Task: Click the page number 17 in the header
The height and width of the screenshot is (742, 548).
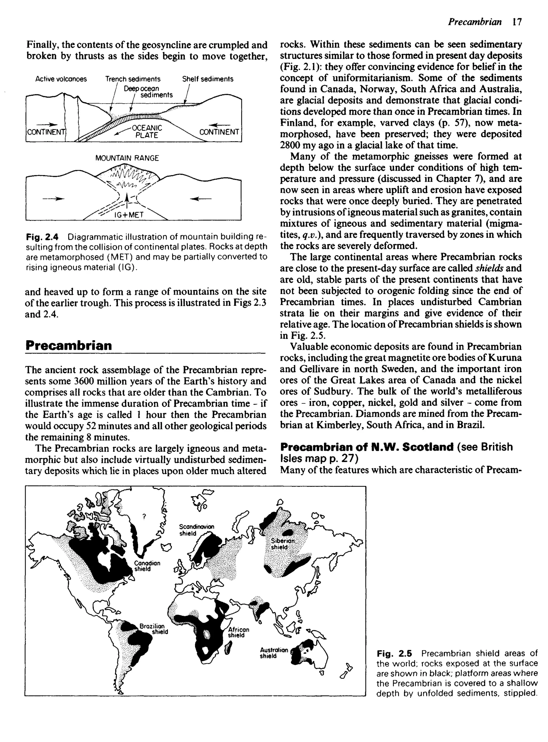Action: click(x=517, y=22)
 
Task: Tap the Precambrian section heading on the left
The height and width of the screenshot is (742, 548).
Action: click(x=69, y=346)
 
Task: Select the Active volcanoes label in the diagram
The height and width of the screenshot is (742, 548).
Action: click(x=61, y=79)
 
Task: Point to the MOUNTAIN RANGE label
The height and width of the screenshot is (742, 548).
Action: click(x=127, y=158)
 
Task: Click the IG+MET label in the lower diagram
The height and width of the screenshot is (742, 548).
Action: click(x=129, y=215)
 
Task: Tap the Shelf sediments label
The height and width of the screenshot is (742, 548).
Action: click(x=208, y=79)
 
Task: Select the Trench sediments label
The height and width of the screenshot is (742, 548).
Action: click(x=133, y=79)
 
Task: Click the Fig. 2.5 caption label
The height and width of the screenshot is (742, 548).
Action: click(x=394, y=654)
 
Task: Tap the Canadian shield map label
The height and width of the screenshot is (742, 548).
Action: click(x=147, y=566)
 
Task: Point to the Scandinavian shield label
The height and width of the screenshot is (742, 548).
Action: click(x=196, y=530)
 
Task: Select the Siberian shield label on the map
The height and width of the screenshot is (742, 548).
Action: click(x=283, y=544)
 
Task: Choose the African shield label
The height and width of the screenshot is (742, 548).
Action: click(x=238, y=632)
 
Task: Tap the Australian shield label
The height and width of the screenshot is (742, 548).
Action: click(x=274, y=653)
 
